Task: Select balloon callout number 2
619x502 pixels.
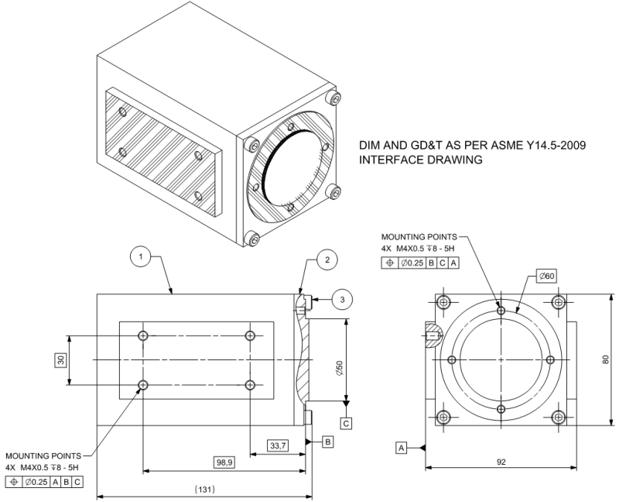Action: tap(327, 260)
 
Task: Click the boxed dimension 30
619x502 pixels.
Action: tap(60, 359)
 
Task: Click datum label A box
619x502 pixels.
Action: tap(401, 448)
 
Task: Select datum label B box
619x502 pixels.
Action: tap(328, 442)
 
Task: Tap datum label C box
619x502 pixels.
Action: tap(346, 423)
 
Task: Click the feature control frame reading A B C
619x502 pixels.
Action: tap(44, 481)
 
